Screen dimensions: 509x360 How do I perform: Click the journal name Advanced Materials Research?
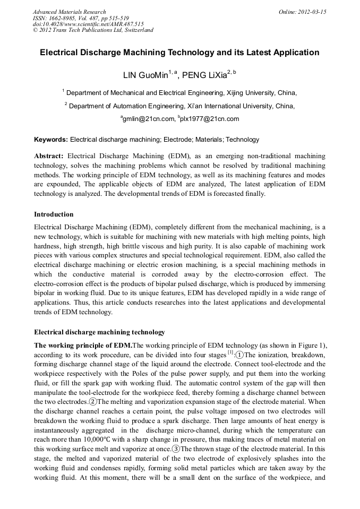pyautogui.click(x=69, y=12)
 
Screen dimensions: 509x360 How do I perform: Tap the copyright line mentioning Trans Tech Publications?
pyautogui.click(x=93, y=30)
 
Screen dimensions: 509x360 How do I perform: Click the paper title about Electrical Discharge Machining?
pyautogui.click(x=179, y=53)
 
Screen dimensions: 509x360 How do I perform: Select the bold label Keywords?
pyautogui.click(x=51, y=140)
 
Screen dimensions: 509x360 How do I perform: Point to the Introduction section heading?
pyautogui.click(x=54, y=214)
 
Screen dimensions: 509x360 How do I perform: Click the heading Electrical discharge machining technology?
pyautogui.click(x=99, y=332)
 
